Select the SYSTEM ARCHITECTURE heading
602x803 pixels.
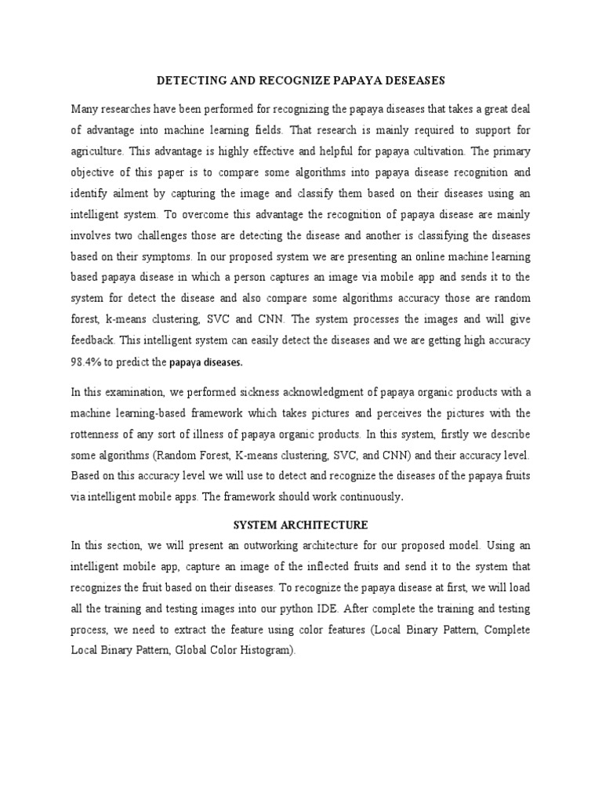[x=301, y=524]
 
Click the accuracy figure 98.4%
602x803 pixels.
[x=89, y=362]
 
